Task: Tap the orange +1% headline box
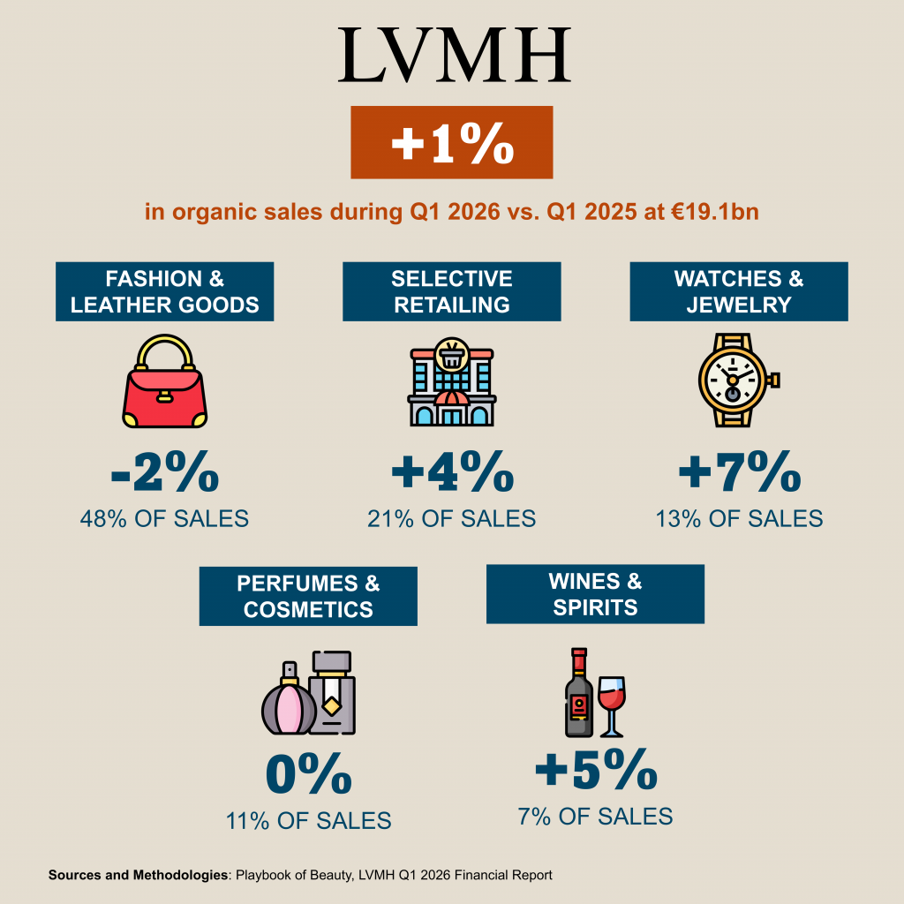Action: (x=452, y=143)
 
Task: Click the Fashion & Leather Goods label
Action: (x=165, y=292)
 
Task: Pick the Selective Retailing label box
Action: (x=451, y=292)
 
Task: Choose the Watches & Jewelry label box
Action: (x=738, y=292)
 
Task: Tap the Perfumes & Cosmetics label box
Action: (x=308, y=596)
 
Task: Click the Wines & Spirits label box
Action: (x=595, y=594)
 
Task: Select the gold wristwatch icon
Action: (x=734, y=380)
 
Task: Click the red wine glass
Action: (x=611, y=702)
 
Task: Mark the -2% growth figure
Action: (x=164, y=475)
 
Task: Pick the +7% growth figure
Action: (x=739, y=475)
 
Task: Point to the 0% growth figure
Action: (x=308, y=776)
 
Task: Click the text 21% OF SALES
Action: (x=451, y=518)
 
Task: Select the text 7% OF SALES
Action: (x=595, y=817)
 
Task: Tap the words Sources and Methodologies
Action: (x=138, y=876)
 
